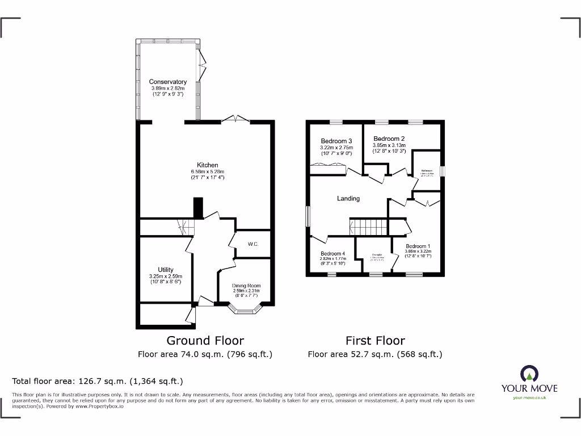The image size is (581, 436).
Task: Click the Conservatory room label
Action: [167, 82]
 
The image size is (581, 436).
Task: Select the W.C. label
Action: [252, 244]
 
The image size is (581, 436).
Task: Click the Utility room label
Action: [166, 270]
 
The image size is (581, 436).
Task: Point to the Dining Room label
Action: [246, 286]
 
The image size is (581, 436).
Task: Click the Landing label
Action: [348, 198]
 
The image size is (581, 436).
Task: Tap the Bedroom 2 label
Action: [389, 139]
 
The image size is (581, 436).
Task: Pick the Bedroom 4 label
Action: [332, 253]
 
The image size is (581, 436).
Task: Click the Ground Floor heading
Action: [205, 341]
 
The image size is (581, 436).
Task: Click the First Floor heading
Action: [375, 341]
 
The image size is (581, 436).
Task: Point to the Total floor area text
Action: [98, 381]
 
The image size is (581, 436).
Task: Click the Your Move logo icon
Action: [529, 374]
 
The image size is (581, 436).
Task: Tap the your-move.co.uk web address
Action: [529, 398]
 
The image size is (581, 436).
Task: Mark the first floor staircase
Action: [368, 227]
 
